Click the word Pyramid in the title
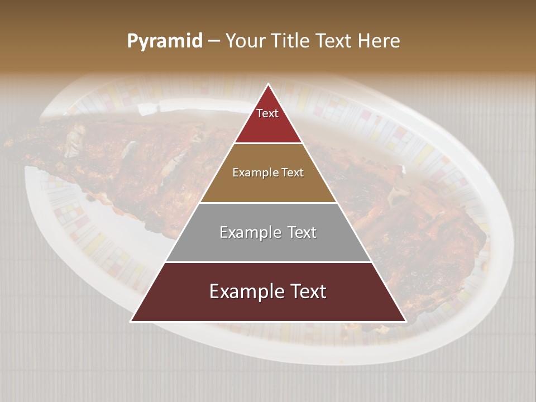164,41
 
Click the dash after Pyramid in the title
213,41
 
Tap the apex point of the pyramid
269,84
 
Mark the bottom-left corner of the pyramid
131,321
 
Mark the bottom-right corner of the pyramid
405,321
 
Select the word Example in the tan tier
255,173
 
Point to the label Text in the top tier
267,113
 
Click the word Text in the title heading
336,41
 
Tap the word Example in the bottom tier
245,291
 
